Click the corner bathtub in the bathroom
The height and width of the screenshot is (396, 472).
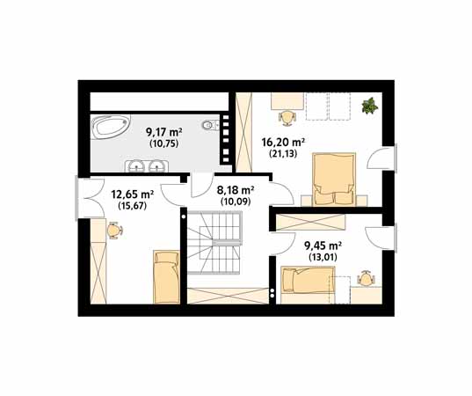coord(110,127)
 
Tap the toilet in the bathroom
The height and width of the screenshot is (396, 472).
coord(210,125)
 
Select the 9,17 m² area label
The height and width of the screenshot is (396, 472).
coord(164,132)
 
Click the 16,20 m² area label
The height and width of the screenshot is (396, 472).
coord(283,142)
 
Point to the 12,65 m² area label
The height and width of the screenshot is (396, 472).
coord(133,194)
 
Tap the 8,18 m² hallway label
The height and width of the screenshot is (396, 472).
coord(236,190)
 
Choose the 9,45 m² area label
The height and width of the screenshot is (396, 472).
coord(323,246)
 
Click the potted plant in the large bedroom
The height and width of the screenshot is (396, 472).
coord(370,106)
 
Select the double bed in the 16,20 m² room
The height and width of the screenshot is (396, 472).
coord(334,180)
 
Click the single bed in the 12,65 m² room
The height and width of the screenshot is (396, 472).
coord(166,277)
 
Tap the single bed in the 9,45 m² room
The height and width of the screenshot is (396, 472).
coord(308,279)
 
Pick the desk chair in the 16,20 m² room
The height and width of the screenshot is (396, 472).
coord(287,118)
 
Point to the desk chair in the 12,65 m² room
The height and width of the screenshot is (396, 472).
coord(115,231)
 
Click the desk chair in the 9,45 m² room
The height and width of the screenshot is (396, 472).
coord(366,278)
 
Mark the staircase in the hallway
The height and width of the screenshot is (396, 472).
coord(214,243)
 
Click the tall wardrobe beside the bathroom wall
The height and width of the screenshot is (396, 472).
coord(243,132)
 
